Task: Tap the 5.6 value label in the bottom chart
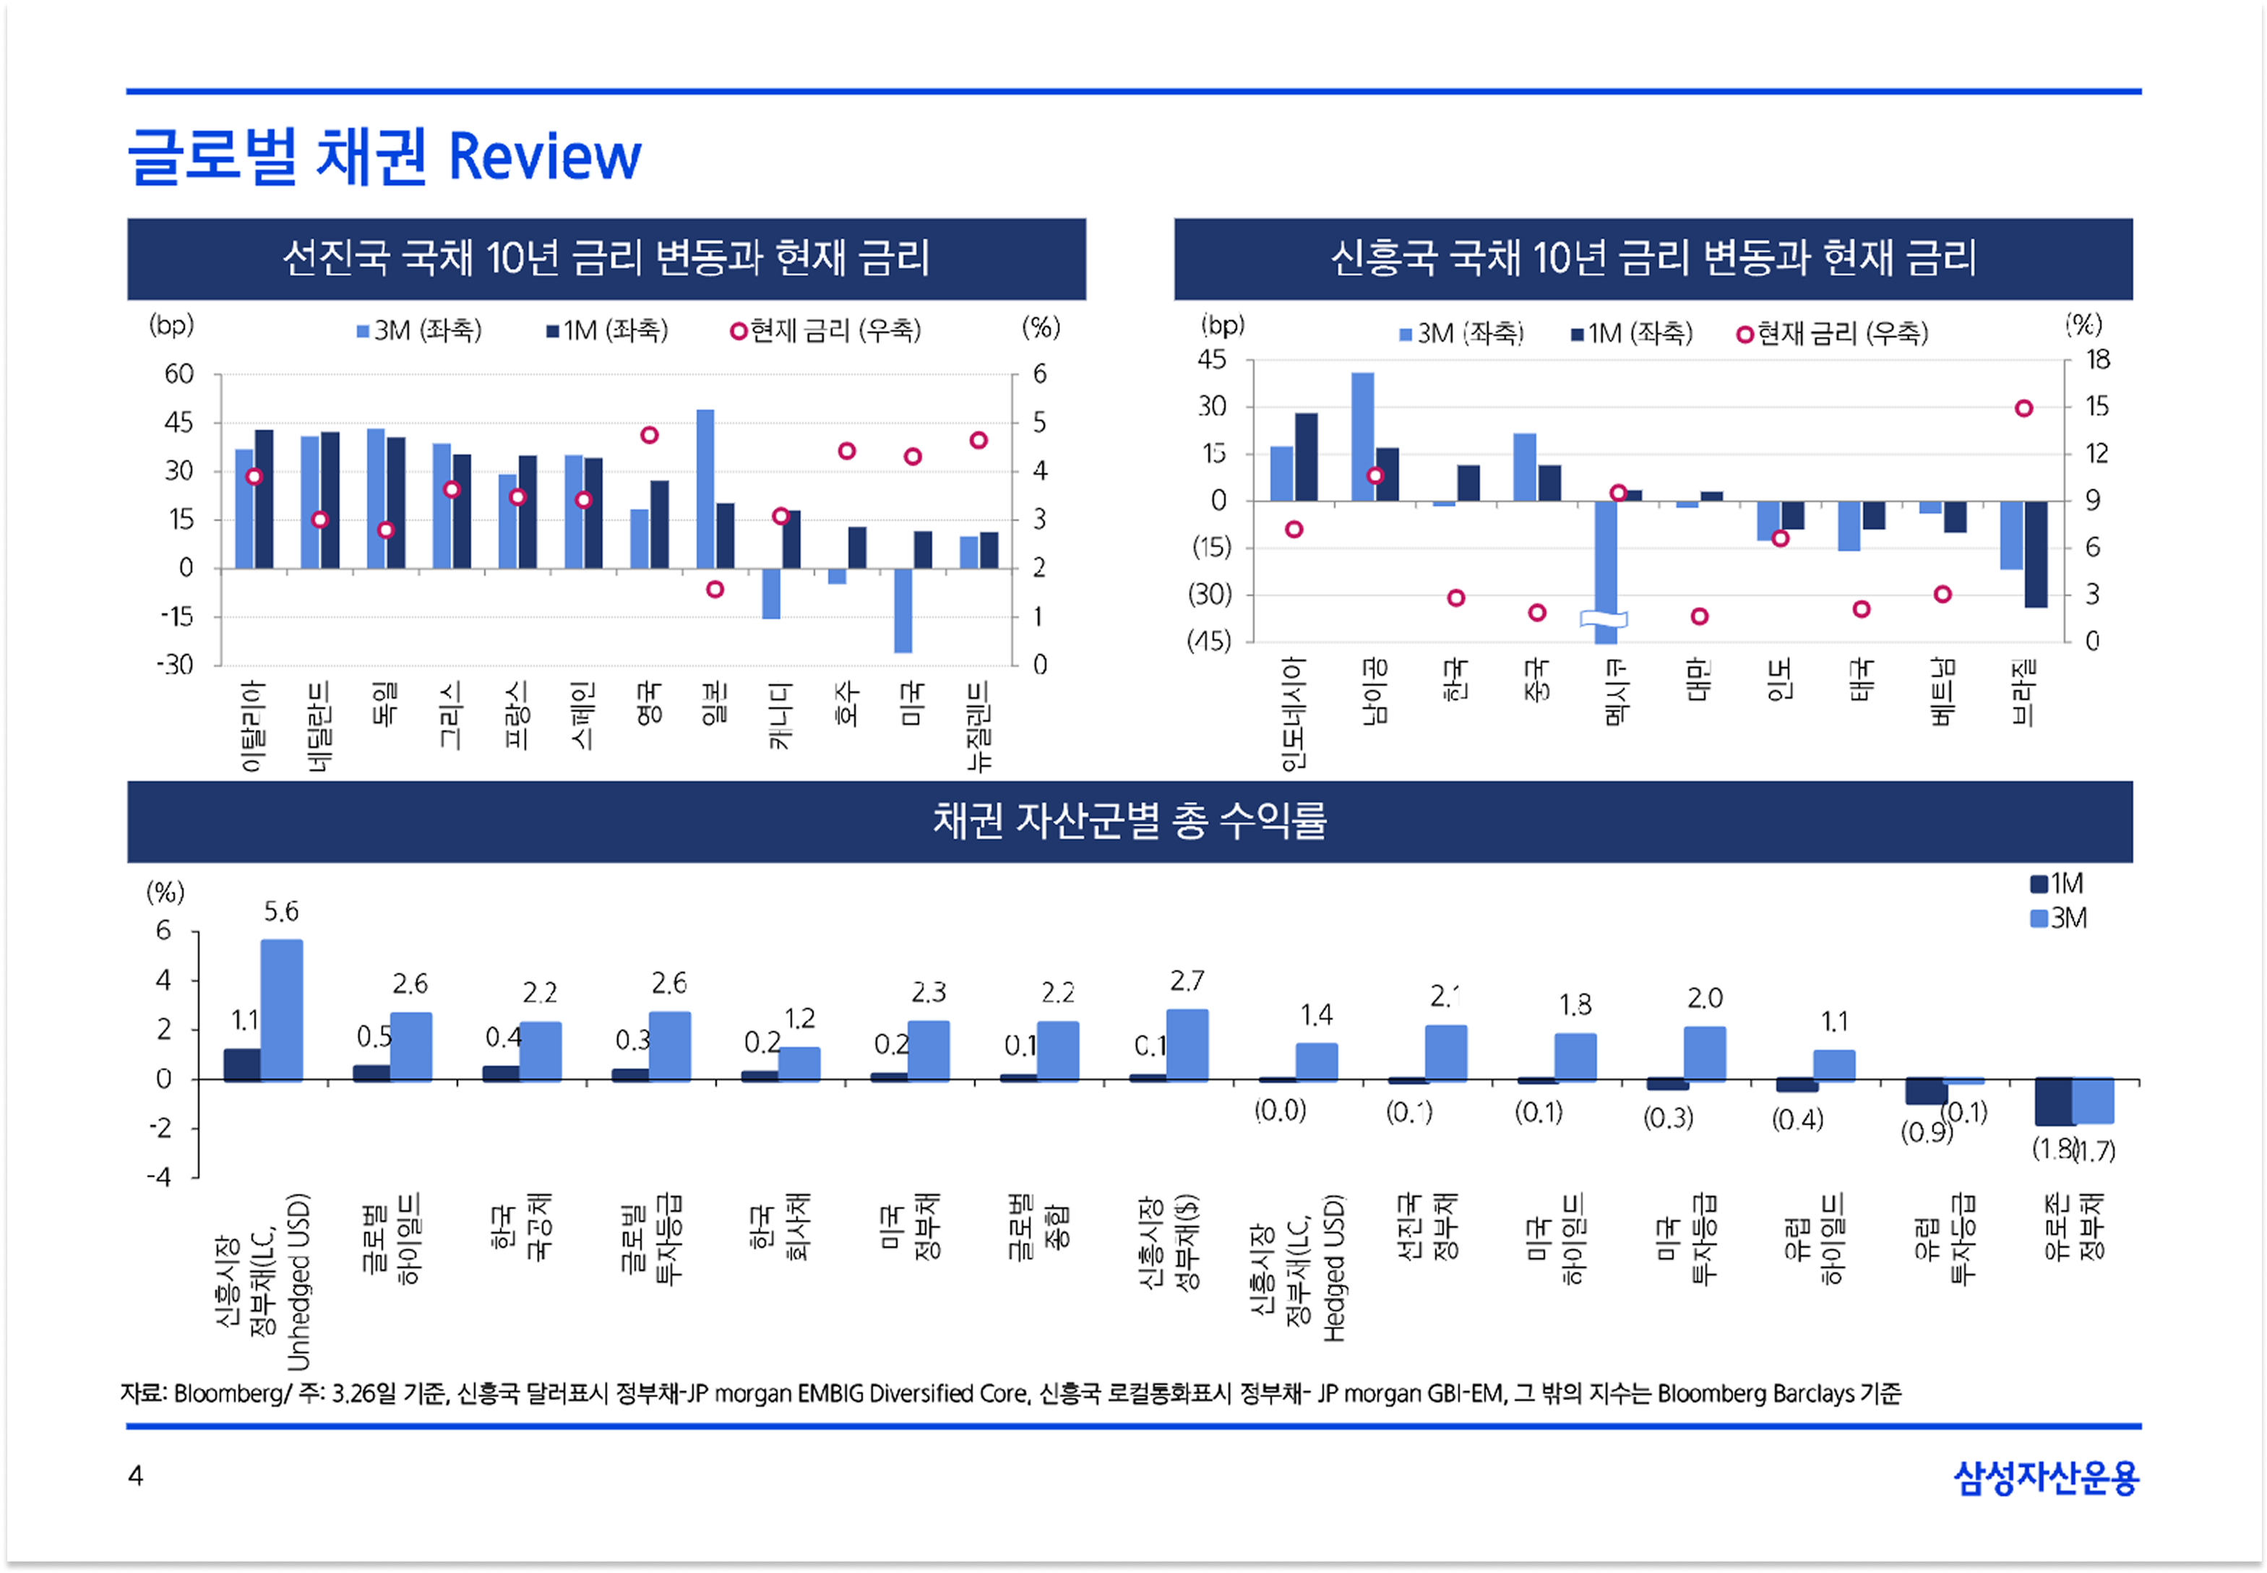coord(281,912)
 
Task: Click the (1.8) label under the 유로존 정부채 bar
coord(2052,1148)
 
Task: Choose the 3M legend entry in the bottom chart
coord(2058,918)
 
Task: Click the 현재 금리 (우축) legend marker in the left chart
coord(739,331)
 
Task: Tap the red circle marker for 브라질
coord(2023,408)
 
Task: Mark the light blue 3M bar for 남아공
coord(1362,436)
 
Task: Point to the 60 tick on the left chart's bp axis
coord(178,374)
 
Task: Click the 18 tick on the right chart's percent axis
coord(2097,360)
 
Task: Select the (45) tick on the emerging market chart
coord(1210,642)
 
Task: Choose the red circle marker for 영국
coord(650,435)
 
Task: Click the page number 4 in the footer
coord(136,1475)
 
